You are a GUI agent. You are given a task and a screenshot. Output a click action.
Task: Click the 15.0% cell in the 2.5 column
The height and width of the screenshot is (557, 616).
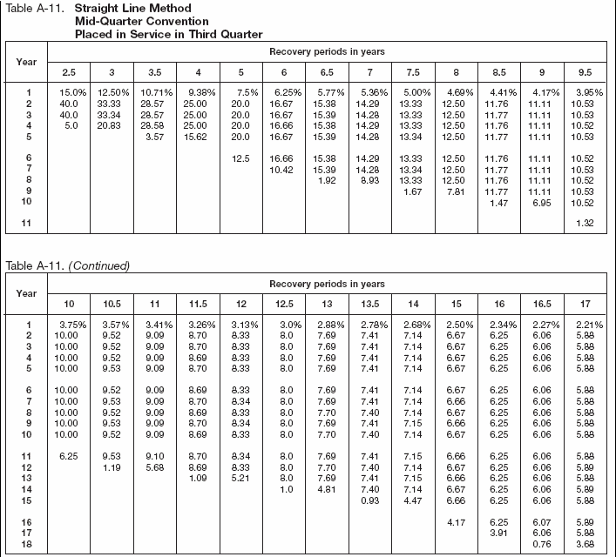pyautogui.click(x=72, y=92)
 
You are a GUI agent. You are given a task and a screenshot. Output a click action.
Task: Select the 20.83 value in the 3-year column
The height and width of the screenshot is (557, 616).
pyautogui.click(x=112, y=125)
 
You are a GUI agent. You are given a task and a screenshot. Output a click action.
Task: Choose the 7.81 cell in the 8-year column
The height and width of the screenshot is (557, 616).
pyautogui.click(x=453, y=191)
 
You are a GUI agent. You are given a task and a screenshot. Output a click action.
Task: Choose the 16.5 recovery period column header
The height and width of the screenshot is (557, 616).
pyautogui.click(x=541, y=305)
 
